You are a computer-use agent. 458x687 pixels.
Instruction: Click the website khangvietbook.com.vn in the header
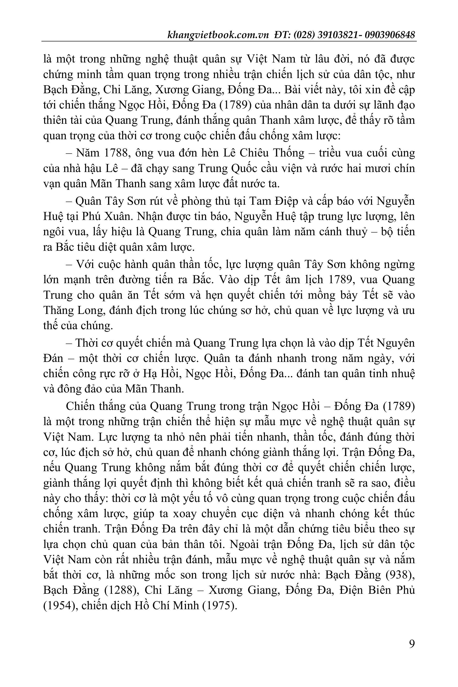pyautogui.click(x=218, y=35)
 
